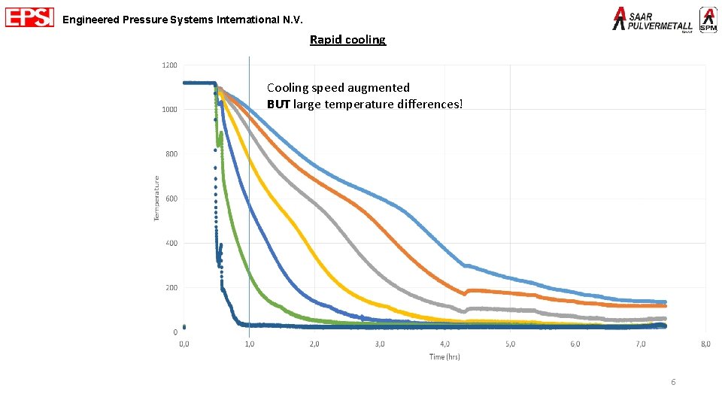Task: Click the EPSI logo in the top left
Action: click(29, 17)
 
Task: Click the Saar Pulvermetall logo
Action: click(653, 20)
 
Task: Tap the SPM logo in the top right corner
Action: click(708, 20)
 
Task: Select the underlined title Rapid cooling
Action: click(347, 40)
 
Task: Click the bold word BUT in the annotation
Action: click(279, 104)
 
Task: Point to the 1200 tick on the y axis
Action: click(170, 65)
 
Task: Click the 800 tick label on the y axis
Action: click(171, 154)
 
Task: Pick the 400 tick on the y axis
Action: click(171, 243)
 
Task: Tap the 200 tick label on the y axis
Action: click(171, 287)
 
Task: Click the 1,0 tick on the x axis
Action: click(249, 344)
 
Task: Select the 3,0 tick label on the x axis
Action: click(380, 344)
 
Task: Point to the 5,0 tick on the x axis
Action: click(510, 344)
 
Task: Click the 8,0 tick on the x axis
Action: click(705, 344)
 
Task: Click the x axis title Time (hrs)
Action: click(444, 356)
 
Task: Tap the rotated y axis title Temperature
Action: click(156, 198)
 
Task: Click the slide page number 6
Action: click(673, 383)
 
